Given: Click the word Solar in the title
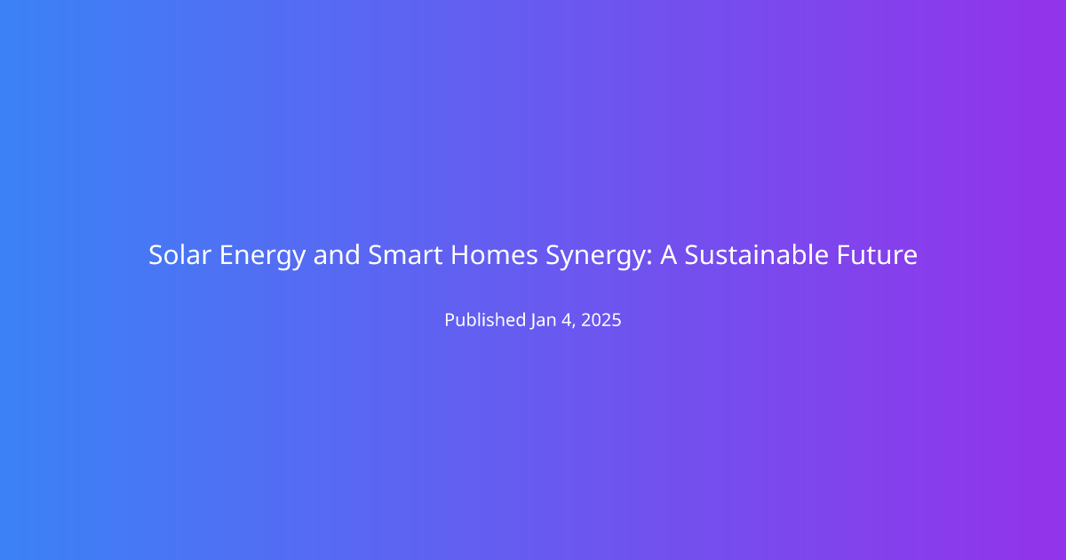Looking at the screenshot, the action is click(x=179, y=255).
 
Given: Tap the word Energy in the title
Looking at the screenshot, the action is click(x=262, y=257).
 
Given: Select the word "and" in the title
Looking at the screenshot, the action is click(x=337, y=255).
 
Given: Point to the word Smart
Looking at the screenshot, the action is click(x=405, y=255).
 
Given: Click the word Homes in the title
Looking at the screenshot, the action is click(x=494, y=255).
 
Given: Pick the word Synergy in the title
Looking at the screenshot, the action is click(x=596, y=257).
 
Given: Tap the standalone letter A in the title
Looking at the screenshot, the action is click(x=668, y=255).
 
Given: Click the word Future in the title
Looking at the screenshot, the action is click(x=877, y=255).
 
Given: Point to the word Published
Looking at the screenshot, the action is click(x=485, y=319).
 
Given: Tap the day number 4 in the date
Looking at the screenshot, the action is click(x=567, y=320).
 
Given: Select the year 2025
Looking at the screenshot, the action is click(x=601, y=320).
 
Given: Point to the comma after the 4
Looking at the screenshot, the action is click(x=575, y=325).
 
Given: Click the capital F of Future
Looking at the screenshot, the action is click(x=843, y=255).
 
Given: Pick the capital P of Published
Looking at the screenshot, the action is click(x=449, y=320).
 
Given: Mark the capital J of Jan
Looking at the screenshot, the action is click(x=534, y=322).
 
